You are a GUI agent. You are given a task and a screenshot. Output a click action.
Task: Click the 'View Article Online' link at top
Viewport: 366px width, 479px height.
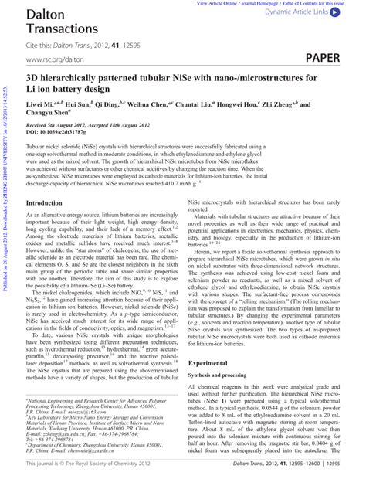(222, 3)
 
